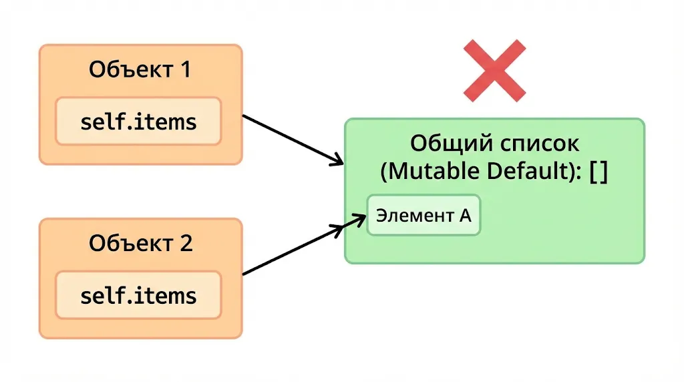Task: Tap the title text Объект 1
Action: pyautogui.click(x=140, y=69)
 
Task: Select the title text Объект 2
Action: pyautogui.click(x=140, y=243)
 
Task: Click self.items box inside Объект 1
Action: pyautogui.click(x=138, y=122)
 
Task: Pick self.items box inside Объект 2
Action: pyautogui.click(x=138, y=295)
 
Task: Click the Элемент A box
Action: pyautogui.click(x=423, y=215)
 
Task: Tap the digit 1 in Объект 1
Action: pyautogui.click(x=184, y=69)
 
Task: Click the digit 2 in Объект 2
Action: pyautogui.click(x=185, y=243)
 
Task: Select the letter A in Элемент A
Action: pyautogui.click(x=465, y=215)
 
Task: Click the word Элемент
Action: pyautogui.click(x=413, y=215)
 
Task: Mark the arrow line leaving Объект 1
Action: pyautogui.click(x=287, y=138)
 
